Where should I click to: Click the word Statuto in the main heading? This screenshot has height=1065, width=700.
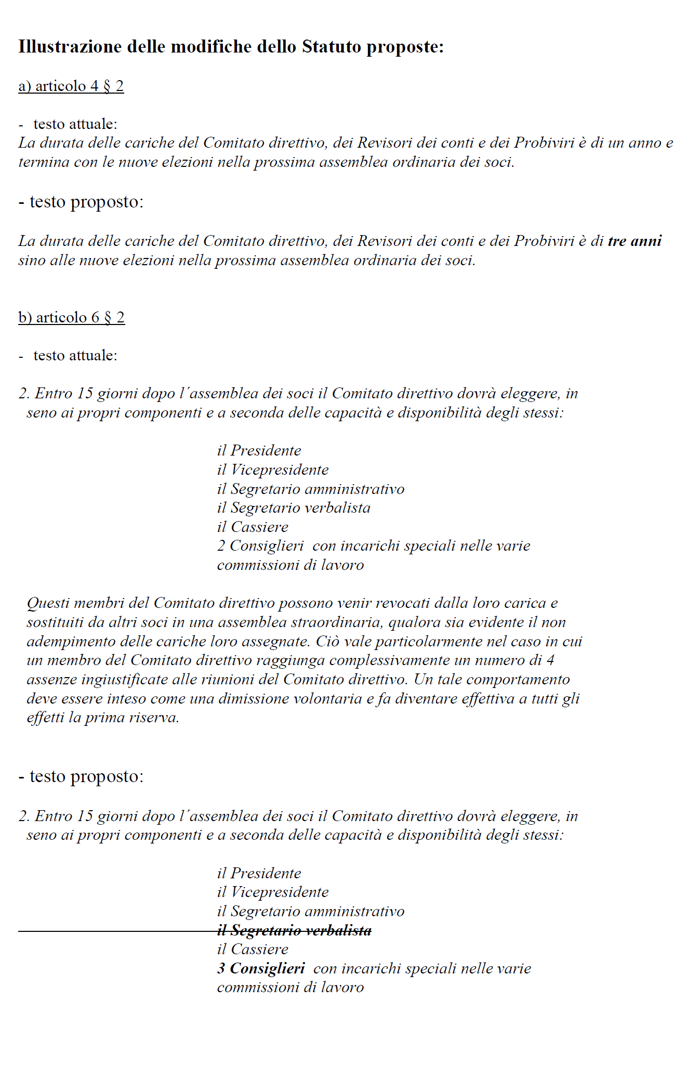coord(331,47)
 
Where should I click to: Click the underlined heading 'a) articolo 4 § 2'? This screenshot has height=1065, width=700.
coord(71,86)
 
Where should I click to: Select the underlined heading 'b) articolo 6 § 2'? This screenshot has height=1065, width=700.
coord(72,317)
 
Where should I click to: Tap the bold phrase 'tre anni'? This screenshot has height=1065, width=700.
coord(635,241)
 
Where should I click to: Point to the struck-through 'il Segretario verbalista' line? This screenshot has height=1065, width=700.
coord(294,930)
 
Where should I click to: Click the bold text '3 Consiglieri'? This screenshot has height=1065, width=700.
coord(261,968)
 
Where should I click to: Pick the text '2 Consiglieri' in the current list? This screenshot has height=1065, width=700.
coord(260,546)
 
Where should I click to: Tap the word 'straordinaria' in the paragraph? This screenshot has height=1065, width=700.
coord(340,622)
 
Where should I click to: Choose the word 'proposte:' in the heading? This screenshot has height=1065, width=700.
coord(405,47)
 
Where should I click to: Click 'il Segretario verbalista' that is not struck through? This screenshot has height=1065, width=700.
coord(294,508)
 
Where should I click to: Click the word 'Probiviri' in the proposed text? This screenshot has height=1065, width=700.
coord(544,241)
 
